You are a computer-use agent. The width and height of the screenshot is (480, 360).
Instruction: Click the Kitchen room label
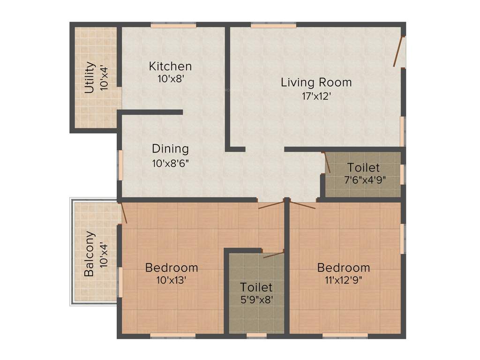(170, 66)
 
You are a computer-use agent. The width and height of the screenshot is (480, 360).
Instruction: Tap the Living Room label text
(316, 82)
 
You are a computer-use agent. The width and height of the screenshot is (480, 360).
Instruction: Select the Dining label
(170, 149)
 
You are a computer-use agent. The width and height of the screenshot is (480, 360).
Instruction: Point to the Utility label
(90, 78)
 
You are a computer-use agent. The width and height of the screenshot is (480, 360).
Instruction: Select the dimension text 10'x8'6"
(170, 163)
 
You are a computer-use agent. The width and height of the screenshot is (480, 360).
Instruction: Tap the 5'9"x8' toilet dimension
(256, 300)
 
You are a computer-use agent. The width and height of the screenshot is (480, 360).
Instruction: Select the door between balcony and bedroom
(123, 212)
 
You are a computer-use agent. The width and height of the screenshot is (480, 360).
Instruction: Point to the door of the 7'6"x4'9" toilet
(327, 163)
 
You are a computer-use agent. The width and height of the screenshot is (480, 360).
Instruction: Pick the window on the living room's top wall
(273, 25)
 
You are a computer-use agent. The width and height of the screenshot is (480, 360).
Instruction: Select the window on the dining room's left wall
(120, 165)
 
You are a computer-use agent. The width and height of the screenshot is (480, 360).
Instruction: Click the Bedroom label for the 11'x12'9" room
(344, 268)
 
